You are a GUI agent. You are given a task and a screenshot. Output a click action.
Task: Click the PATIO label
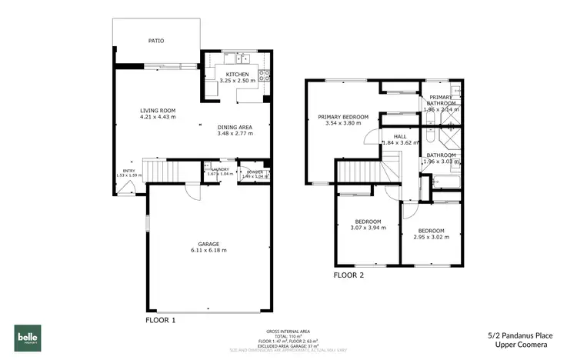pos(155,41)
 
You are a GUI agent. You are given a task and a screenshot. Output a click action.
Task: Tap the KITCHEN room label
pos(237,73)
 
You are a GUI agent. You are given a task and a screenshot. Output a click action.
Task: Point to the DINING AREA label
pos(235,127)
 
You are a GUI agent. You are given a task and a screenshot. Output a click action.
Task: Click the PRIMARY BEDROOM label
pos(343,117)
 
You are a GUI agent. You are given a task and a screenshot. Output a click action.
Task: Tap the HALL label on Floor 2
pos(400,136)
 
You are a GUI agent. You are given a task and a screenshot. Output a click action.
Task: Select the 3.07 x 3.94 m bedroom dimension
pos(369,228)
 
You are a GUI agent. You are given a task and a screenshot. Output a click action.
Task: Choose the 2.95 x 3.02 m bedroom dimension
pos(431,237)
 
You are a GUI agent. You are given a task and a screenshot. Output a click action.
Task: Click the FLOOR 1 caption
pos(161,319)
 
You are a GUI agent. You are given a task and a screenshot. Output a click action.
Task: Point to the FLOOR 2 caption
pos(349,275)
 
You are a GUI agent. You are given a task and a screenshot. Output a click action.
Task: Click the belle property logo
pos(28,338)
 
